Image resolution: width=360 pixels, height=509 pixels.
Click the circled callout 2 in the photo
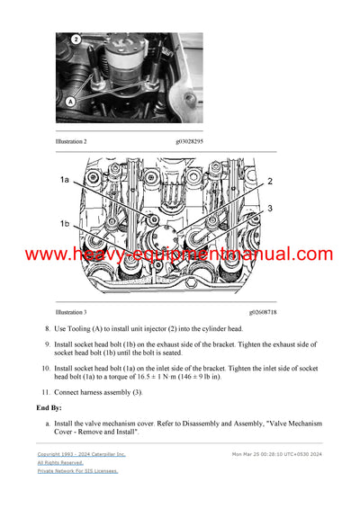(x=76, y=40)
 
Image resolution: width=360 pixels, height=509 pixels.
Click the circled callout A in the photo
(x=69, y=103)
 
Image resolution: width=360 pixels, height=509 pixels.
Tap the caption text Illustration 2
(x=72, y=142)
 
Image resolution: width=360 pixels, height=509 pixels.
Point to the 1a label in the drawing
(x=65, y=181)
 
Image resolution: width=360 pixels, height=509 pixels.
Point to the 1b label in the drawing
(x=65, y=223)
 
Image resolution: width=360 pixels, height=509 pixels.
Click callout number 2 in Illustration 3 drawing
(x=269, y=181)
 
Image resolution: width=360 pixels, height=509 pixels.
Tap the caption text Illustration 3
(x=72, y=312)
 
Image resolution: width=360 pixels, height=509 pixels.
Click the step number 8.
(x=48, y=330)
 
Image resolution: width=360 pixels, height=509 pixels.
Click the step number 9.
(x=48, y=344)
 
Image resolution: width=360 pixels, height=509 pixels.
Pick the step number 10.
(x=46, y=369)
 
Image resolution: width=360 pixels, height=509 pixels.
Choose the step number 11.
(x=46, y=392)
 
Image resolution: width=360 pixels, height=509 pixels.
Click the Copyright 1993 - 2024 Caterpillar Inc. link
(x=81, y=455)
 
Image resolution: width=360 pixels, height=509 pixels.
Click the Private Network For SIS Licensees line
(x=77, y=471)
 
